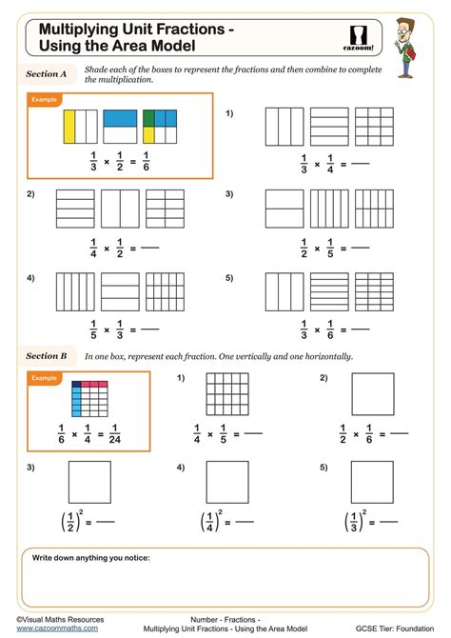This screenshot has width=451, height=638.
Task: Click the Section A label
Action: [47, 72]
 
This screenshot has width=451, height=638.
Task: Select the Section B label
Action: [47, 355]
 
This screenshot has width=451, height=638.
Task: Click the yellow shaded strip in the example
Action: [69, 128]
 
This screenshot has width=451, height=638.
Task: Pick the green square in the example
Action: [149, 117]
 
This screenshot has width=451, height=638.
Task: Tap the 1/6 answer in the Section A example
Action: [145, 163]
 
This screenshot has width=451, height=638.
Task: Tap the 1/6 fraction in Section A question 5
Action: [314, 329]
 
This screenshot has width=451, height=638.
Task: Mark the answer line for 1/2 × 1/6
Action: [400, 434]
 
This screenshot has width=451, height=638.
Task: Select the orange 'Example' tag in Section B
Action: [46, 378]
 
